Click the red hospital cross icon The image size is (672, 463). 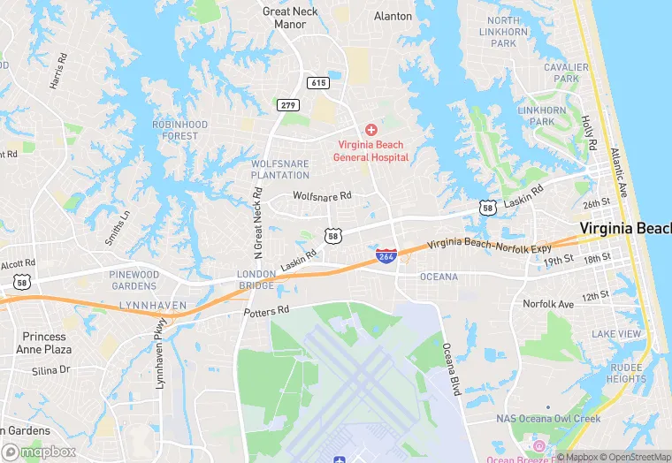pyautogui.click(x=370, y=130)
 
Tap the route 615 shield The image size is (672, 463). pyautogui.click(x=318, y=82)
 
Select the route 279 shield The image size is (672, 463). pyautogui.click(x=287, y=106)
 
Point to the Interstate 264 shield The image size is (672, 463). pyautogui.click(x=386, y=255)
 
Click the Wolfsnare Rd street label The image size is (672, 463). pyautogui.click(x=322, y=195)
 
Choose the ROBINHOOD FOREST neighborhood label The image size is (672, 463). pyautogui.click(x=179, y=130)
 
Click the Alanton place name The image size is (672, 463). pyautogui.click(x=393, y=16)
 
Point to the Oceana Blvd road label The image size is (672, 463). pyautogui.click(x=452, y=368)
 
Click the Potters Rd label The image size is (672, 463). pyautogui.click(x=267, y=311)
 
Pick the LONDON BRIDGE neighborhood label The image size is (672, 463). pyautogui.click(x=256, y=280)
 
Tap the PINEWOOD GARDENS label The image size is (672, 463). pyautogui.click(x=134, y=280)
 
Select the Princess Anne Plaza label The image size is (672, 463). pyautogui.click(x=44, y=343)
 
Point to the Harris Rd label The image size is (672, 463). pyautogui.click(x=59, y=72)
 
